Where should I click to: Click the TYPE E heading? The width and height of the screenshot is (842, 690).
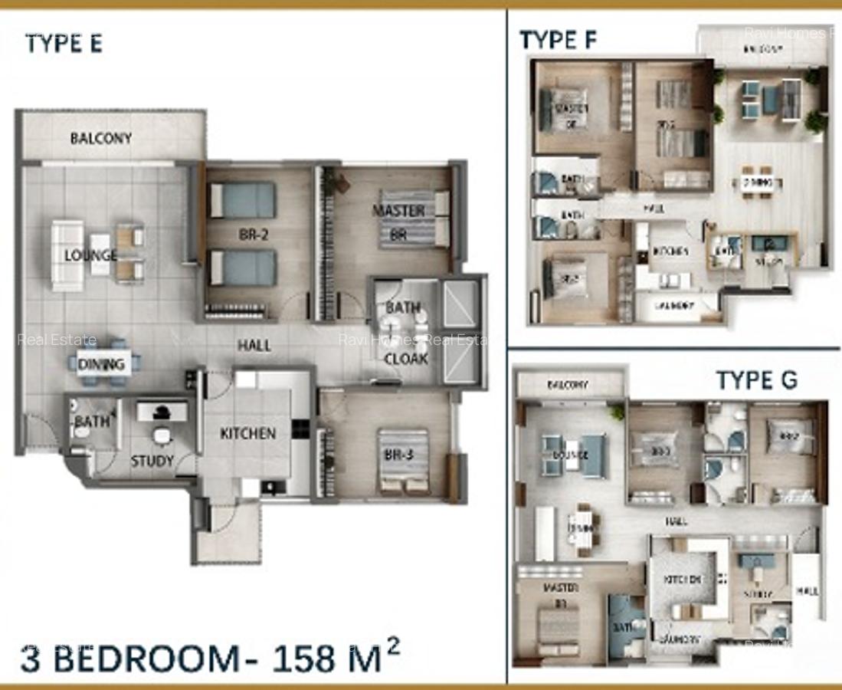click(x=64, y=44)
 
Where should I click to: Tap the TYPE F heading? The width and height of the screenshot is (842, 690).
click(x=558, y=40)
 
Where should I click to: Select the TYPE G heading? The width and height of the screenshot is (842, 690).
click(x=756, y=379)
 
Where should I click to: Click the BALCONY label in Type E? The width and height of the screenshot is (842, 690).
click(x=100, y=139)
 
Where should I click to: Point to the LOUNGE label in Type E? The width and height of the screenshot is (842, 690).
click(x=90, y=255)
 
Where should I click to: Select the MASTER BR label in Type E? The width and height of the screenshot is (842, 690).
click(x=398, y=222)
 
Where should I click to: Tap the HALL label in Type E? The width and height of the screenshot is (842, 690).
click(x=254, y=346)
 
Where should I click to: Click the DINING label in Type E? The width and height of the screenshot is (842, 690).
click(x=100, y=364)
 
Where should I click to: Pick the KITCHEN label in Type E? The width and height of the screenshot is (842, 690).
click(x=247, y=433)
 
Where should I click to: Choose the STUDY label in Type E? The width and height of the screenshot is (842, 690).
click(x=152, y=462)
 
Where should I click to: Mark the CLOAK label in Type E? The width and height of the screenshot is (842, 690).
click(x=405, y=358)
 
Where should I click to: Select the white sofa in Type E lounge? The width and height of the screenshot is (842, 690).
click(x=67, y=255)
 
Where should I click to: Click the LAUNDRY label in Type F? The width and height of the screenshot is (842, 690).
click(x=675, y=306)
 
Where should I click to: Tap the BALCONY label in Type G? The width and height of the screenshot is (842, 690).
click(x=568, y=385)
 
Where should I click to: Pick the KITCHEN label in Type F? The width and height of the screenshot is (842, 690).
click(x=670, y=251)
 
